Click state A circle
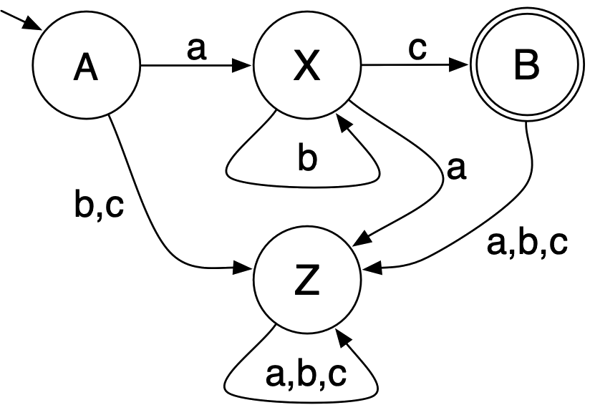[85, 68]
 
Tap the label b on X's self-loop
[306, 159]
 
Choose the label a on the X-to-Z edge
[455, 169]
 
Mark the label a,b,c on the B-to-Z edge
[527, 243]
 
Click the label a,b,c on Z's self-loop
[306, 374]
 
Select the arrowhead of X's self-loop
[343, 124]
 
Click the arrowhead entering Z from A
[246, 270]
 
